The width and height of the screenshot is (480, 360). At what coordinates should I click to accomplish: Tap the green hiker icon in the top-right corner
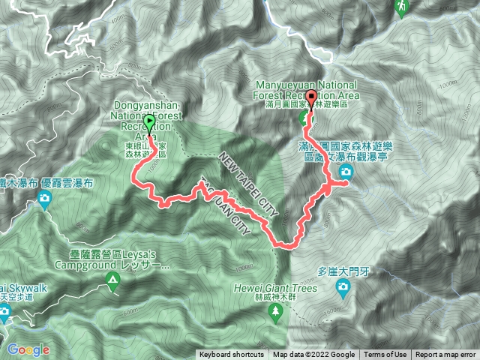400,7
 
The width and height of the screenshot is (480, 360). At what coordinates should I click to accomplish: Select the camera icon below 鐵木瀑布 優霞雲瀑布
45,199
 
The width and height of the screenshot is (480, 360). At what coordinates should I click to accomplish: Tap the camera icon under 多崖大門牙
343,286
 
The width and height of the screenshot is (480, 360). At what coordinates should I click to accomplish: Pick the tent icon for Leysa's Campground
112,282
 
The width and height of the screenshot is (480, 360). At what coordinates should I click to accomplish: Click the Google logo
28,349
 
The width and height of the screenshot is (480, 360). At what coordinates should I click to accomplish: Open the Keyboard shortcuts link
231,355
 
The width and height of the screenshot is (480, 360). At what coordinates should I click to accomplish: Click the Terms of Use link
385,355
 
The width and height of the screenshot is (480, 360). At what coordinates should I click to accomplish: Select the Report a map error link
445,355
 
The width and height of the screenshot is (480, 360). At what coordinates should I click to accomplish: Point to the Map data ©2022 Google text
313,355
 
